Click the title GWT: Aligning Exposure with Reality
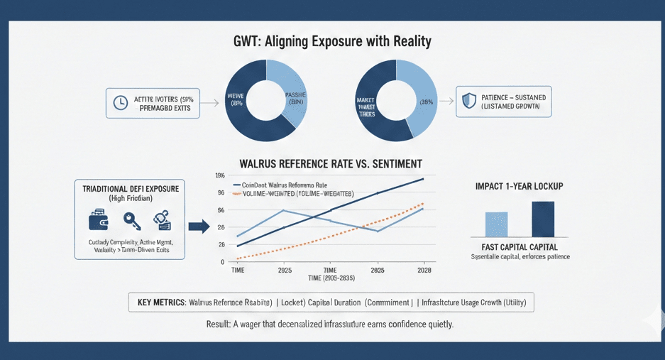(x=331, y=41)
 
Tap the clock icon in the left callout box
(x=120, y=102)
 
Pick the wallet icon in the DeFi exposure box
(x=99, y=220)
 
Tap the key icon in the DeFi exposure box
(x=132, y=220)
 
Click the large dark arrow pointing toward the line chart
(x=199, y=227)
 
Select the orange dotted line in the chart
(x=334, y=235)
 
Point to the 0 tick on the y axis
(x=222, y=262)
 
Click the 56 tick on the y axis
(x=221, y=210)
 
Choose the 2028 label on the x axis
(x=424, y=271)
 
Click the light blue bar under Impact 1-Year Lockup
(x=496, y=224)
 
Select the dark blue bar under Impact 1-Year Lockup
(x=543, y=219)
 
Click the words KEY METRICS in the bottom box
(x=161, y=302)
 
